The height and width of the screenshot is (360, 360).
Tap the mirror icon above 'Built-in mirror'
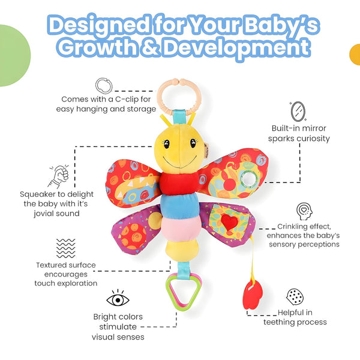click(x=296, y=112)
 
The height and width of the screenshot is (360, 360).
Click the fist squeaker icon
click(x=58, y=177)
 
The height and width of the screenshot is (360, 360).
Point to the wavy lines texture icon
click(x=66, y=247)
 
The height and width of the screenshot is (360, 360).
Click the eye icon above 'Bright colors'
click(x=117, y=298)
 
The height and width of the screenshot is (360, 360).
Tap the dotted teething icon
click(x=295, y=296)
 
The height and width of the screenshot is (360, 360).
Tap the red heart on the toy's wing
click(x=227, y=222)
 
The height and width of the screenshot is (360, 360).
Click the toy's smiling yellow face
click(x=178, y=150)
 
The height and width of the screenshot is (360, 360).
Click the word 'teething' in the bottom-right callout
click(x=286, y=322)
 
